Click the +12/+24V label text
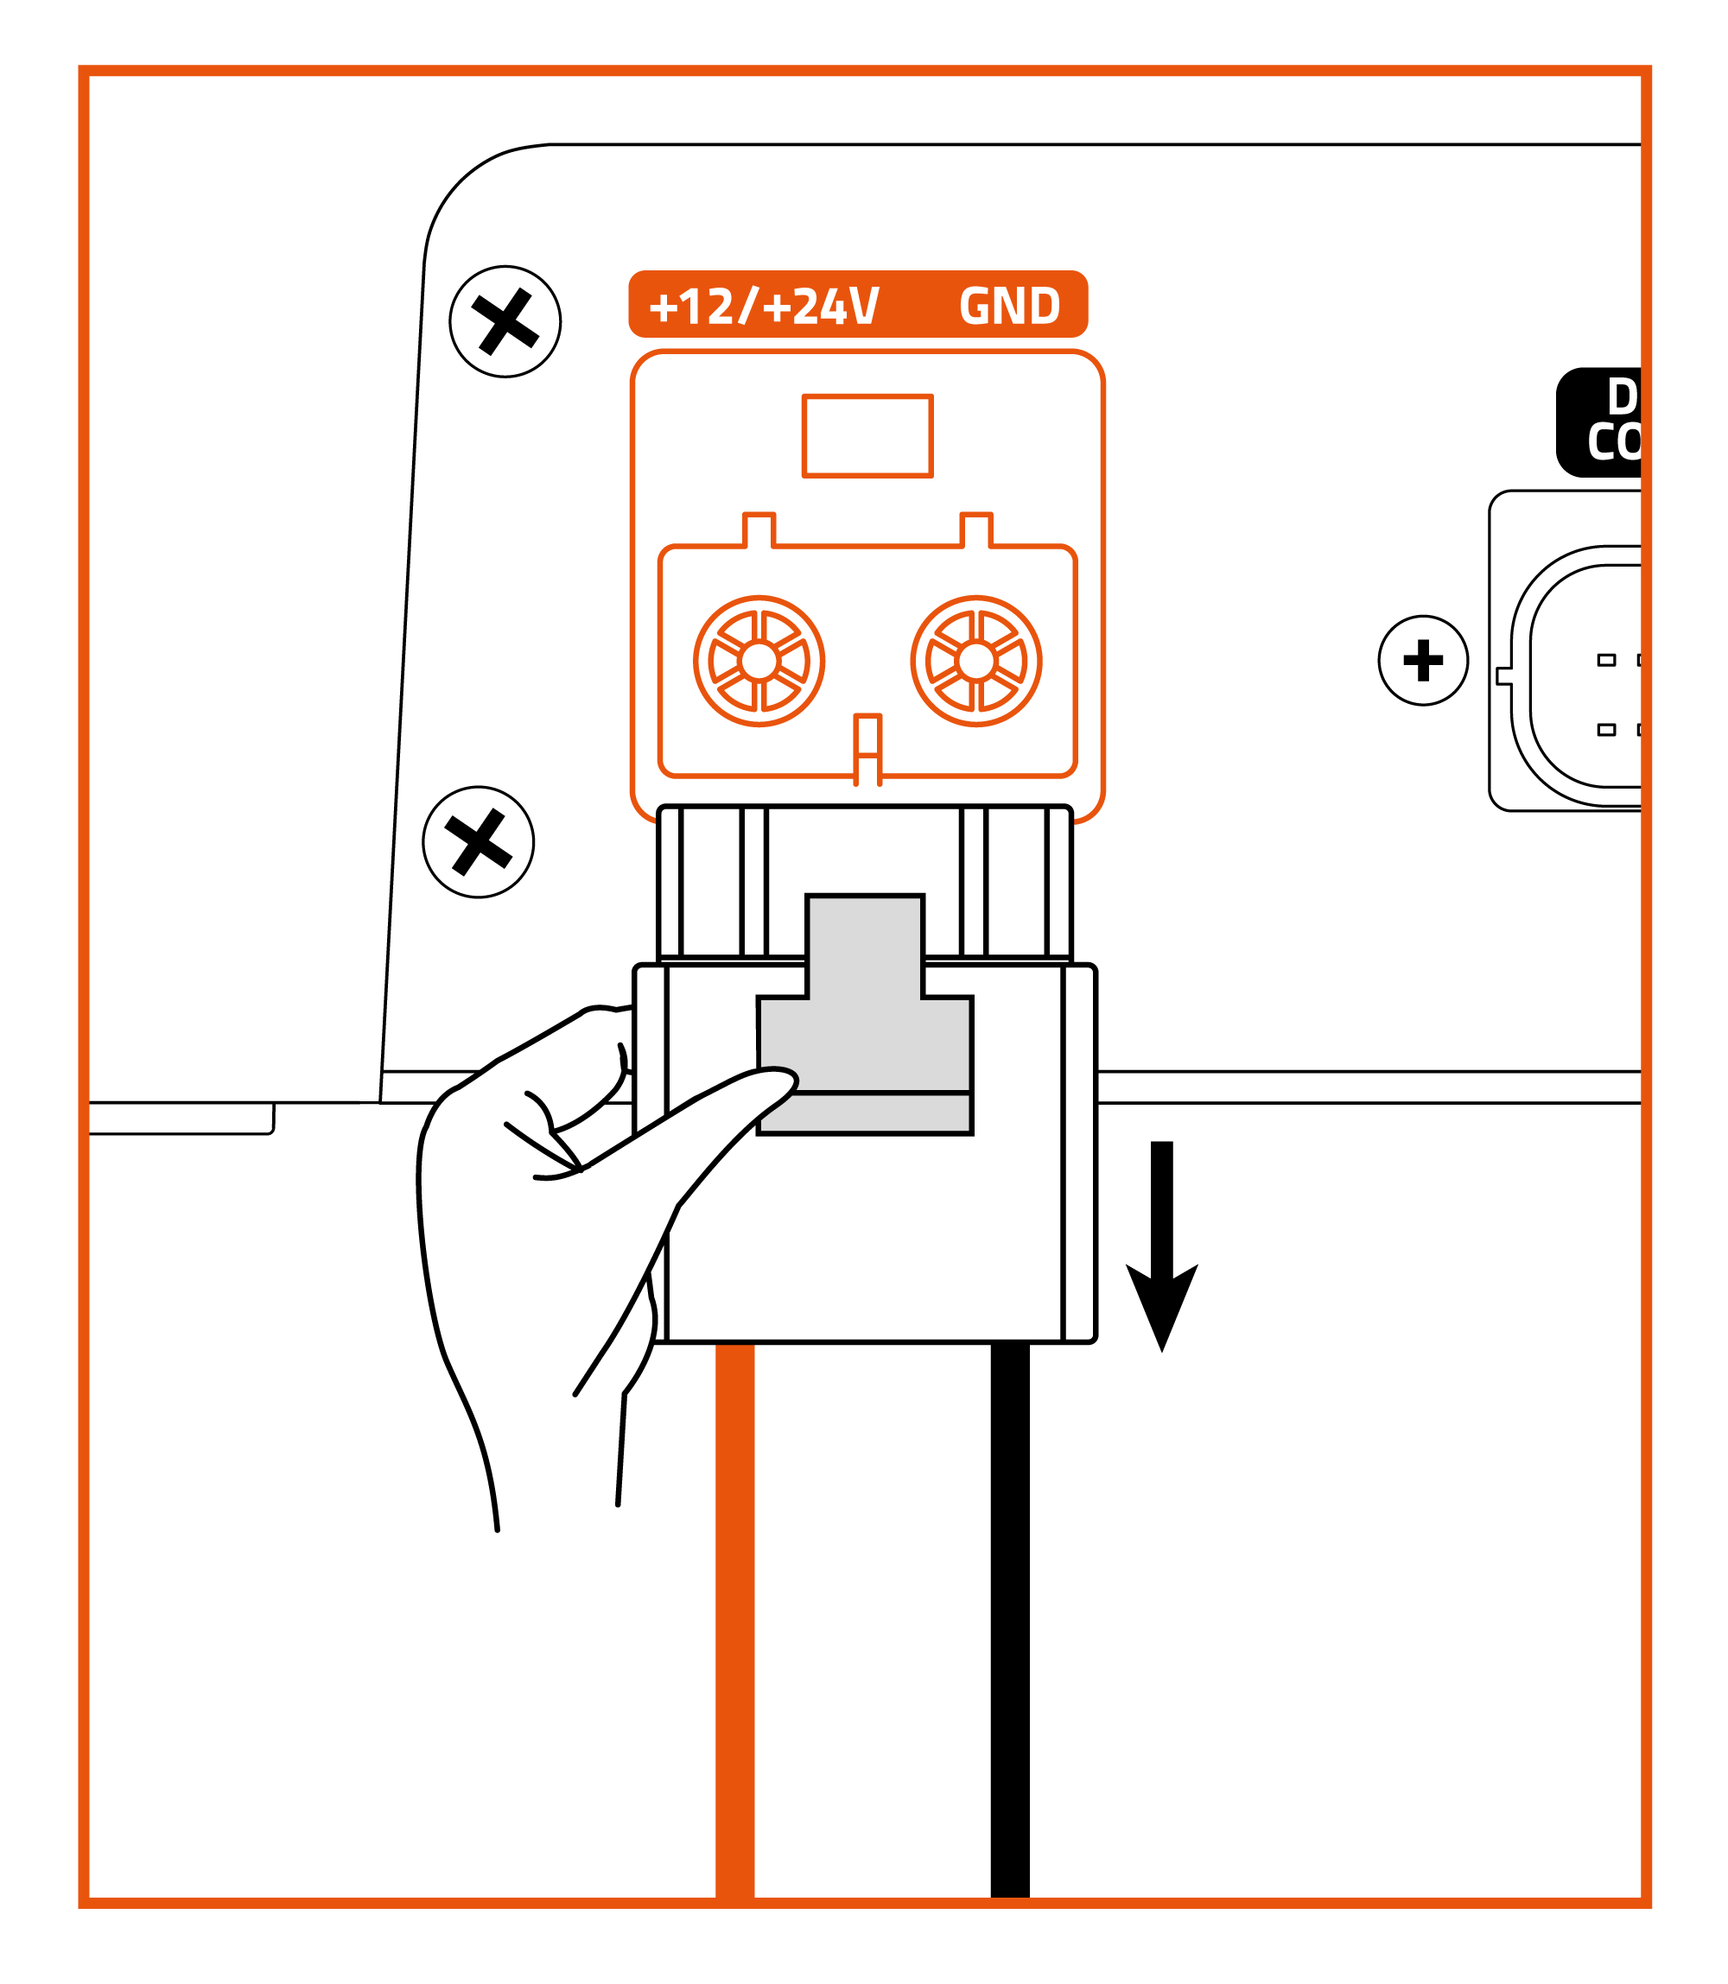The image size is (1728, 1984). point(763,307)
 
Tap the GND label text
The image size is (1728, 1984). point(1008,307)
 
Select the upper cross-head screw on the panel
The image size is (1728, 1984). point(505,321)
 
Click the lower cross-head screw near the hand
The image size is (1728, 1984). point(479,841)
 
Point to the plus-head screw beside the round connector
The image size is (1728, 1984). point(1422,661)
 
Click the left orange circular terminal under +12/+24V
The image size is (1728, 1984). point(759,662)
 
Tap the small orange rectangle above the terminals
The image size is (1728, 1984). point(867,435)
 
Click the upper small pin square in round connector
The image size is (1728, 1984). point(1605,661)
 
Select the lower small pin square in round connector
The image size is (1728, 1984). point(1605,730)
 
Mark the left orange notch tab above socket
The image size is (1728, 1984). point(759,530)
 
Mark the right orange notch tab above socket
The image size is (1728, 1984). point(975,530)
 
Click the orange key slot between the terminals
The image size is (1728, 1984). point(867,747)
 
